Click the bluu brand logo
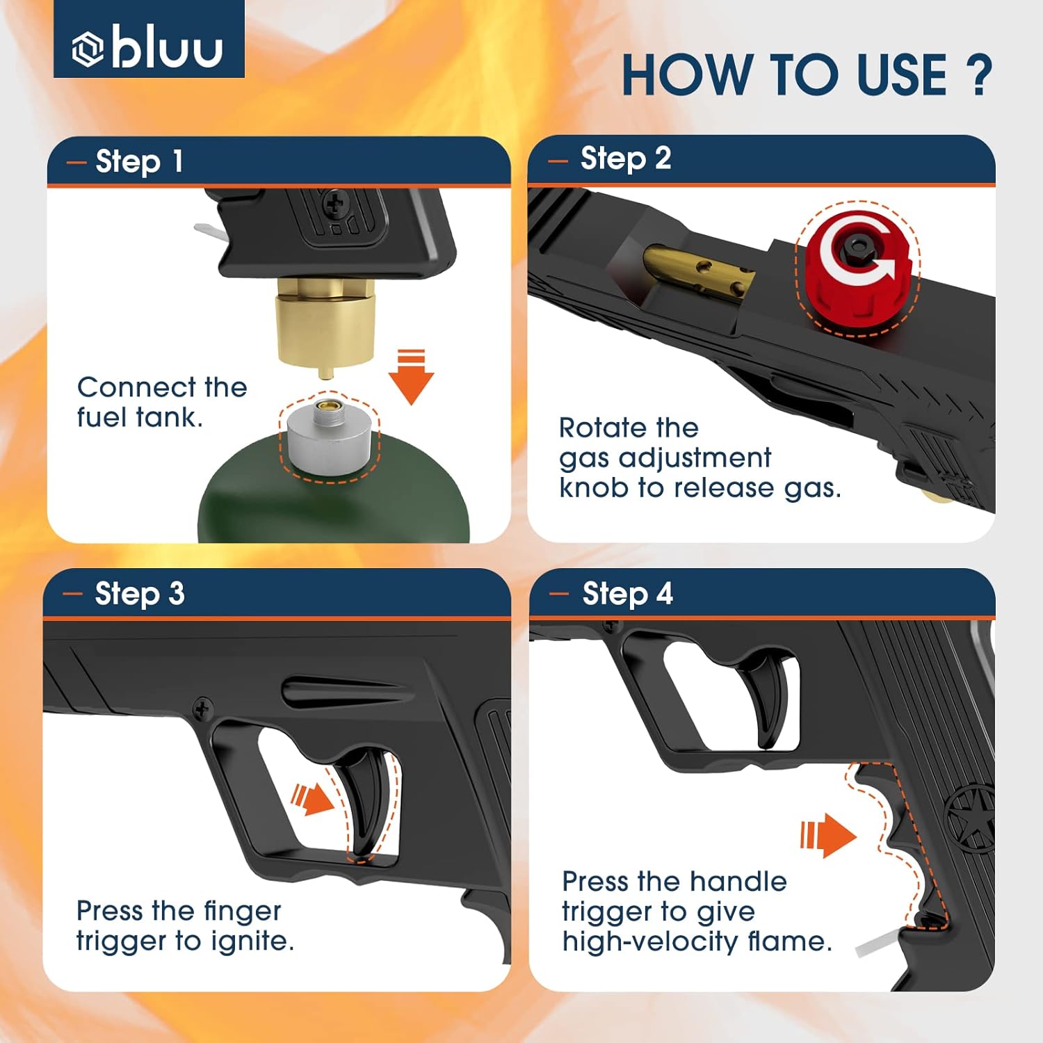(148, 47)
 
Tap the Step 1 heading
(139, 161)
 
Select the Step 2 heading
(625, 159)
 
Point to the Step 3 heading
(139, 594)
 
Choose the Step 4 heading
(627, 594)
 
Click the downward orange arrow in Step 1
(411, 376)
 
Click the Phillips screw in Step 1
(336, 204)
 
